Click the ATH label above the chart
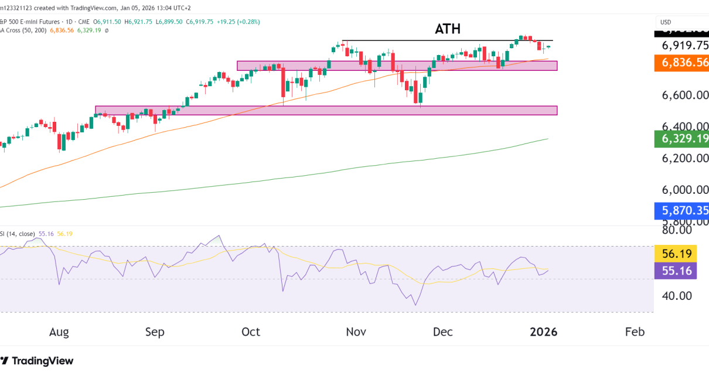tap(447, 29)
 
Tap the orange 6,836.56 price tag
tap(681, 63)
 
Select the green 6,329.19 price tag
tap(681, 139)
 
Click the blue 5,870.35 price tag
tap(681, 211)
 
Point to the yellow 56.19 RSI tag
tap(675, 254)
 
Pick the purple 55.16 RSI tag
tap(675, 271)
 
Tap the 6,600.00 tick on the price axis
tap(685, 95)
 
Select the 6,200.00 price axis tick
tap(685, 158)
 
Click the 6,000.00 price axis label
tap(685, 190)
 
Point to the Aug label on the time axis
tap(59, 332)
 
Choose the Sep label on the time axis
tap(155, 332)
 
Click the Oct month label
tap(250, 332)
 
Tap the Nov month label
tap(356, 332)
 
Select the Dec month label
tap(442, 332)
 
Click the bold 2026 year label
tap(543, 332)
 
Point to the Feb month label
tap(635, 332)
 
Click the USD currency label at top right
tap(666, 22)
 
